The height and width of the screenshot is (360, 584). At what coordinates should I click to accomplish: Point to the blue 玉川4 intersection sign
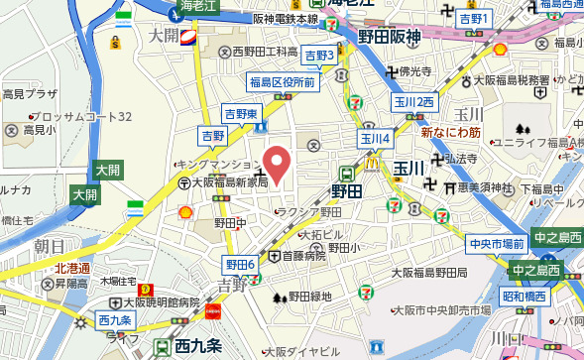click(x=375, y=139)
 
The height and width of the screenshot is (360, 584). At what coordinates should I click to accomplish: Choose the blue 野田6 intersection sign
click(x=240, y=263)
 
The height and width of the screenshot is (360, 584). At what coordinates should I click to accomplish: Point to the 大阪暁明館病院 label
click(x=155, y=301)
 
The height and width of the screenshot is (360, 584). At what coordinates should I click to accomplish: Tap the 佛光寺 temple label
click(x=413, y=71)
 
